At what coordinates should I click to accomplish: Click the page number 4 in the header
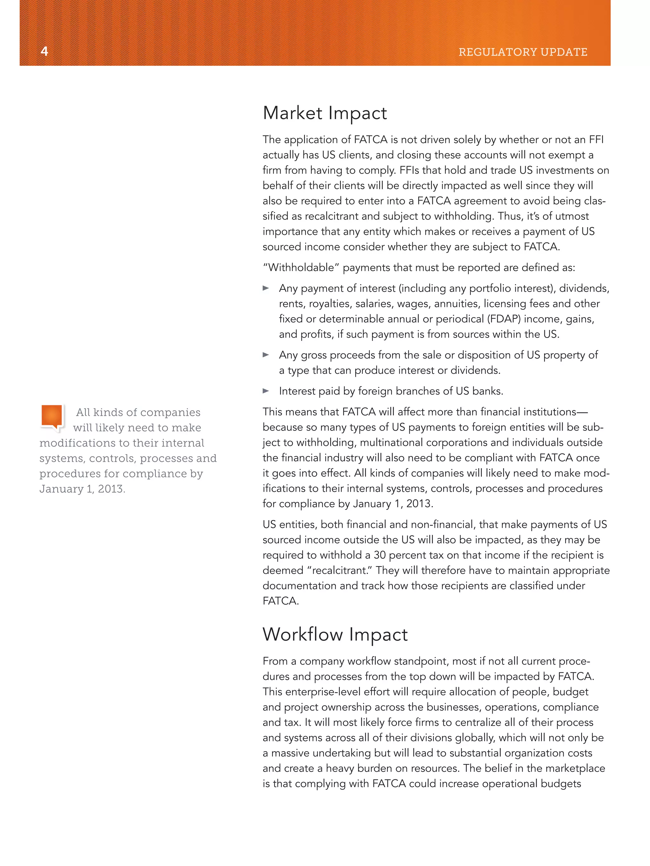click(44, 51)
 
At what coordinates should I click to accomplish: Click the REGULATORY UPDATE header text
click(523, 52)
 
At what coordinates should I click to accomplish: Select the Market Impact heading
click(325, 113)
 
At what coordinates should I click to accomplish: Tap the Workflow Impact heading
click(335, 634)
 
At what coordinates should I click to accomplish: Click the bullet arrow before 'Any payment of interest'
click(266, 289)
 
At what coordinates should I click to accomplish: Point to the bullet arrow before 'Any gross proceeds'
click(266, 355)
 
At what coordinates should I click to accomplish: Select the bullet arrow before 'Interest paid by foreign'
click(266, 391)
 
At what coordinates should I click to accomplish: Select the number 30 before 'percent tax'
click(379, 555)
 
